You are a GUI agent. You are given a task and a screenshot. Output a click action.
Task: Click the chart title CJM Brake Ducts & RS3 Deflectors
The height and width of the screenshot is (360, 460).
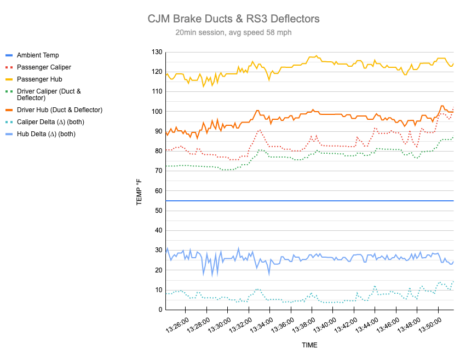click(233, 19)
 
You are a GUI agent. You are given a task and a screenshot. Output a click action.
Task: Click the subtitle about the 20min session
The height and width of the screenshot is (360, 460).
click(233, 33)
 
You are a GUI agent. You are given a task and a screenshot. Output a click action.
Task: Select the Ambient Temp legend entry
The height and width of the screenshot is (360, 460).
click(38, 55)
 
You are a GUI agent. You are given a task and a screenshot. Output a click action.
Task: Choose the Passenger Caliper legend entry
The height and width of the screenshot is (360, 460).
click(44, 67)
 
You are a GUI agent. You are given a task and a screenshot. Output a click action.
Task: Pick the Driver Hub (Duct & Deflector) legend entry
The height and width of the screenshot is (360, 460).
click(60, 110)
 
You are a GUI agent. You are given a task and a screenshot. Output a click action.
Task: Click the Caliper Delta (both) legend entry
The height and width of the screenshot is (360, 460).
click(50, 122)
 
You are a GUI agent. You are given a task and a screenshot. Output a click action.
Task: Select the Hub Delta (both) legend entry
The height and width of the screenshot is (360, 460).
click(46, 134)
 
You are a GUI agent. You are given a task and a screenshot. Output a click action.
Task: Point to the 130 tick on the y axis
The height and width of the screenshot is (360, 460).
click(157, 52)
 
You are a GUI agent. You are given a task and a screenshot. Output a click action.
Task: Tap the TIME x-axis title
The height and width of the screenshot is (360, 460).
click(309, 345)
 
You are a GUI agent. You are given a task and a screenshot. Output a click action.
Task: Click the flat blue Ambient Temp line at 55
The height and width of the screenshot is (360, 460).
click(307, 201)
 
